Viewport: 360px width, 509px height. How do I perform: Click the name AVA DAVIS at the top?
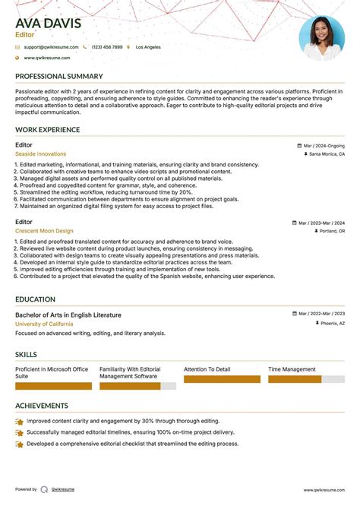[x=48, y=23]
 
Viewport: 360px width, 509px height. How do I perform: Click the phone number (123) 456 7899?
[x=107, y=47]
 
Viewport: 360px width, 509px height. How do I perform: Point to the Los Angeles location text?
[x=148, y=47]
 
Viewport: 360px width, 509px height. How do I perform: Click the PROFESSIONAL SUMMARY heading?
[x=58, y=77]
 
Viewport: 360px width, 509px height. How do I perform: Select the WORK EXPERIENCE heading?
[x=48, y=130]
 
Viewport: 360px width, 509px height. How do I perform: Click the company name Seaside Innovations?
[x=40, y=154]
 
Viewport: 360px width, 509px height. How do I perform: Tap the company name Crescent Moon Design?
[x=44, y=231]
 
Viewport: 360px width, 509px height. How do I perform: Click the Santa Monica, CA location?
[x=327, y=154]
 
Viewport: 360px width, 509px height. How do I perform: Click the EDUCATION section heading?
[x=35, y=299]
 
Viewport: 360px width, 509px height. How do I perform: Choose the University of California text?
[x=44, y=324]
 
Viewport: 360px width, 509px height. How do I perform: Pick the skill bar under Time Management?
[x=295, y=378]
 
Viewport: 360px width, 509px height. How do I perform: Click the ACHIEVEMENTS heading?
[x=42, y=406]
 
